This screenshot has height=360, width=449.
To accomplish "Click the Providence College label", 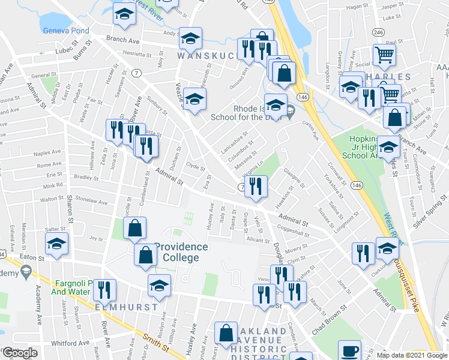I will [x=181, y=252].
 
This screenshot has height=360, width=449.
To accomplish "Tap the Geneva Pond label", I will [x=66, y=31].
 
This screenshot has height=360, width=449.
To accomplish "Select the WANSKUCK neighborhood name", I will [x=204, y=55].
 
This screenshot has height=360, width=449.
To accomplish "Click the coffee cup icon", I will [x=349, y=351].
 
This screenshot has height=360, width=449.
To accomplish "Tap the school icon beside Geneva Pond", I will [x=124, y=16].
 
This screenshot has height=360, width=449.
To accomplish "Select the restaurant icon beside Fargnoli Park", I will [x=106, y=290].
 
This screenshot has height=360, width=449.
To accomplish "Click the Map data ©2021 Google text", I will [x=412, y=355].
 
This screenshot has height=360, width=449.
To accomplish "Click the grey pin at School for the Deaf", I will [x=290, y=110].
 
